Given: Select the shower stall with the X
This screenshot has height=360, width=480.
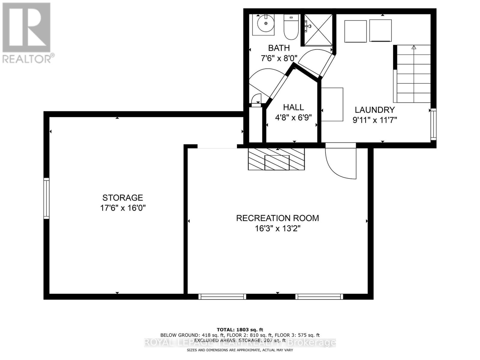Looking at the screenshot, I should pos(318,30).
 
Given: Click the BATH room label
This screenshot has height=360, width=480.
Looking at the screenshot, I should pos(279,48).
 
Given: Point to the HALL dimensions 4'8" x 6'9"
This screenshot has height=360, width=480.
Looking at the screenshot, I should pos(293,117).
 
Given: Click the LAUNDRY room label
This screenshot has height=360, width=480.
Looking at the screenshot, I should pos(374,110).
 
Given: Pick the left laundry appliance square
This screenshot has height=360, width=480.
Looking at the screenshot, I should pos(355,31).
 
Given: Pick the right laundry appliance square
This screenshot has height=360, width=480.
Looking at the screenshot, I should pos(380,30).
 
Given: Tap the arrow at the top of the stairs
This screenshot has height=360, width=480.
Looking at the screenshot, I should pos(414,47).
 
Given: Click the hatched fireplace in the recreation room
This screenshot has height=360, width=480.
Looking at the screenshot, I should pos(276,159).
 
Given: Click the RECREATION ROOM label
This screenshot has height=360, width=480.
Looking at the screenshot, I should pos(277,218).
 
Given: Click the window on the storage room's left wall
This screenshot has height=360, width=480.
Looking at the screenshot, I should pos(46,198).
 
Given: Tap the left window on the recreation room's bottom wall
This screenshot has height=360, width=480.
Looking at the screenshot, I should pos(222,297).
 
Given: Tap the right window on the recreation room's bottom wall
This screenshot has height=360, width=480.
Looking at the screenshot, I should pos(319,297).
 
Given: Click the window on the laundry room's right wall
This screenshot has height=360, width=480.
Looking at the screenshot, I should pos(433,124).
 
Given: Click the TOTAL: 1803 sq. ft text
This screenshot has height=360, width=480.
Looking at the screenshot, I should pos(240,330).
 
